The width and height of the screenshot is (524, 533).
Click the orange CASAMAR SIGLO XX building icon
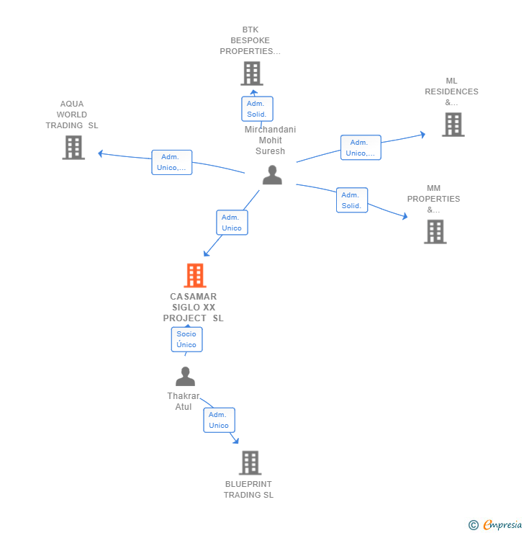[194, 275]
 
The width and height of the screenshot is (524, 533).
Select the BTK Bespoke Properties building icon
[251, 73]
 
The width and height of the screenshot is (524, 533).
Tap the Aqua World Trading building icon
[73, 147]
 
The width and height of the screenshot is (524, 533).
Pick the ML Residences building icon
[452, 125]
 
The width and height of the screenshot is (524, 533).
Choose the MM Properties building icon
[435, 232]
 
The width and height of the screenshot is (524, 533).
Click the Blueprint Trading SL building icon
[250, 462]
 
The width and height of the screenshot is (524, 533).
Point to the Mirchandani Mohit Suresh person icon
[272, 175]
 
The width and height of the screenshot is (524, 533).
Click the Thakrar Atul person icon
[185, 377]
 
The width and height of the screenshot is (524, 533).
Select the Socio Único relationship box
[186, 339]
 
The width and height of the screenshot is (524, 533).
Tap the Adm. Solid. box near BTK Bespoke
[256, 109]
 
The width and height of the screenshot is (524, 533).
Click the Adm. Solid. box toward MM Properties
[351, 200]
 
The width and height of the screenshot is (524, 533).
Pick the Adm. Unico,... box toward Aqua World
[171, 162]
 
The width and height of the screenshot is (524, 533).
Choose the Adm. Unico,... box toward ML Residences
[360, 148]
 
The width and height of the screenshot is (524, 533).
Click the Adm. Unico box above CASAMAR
[232, 223]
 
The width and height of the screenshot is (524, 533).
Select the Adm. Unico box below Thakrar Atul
[219, 420]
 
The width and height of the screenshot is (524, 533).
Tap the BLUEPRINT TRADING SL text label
[248, 489]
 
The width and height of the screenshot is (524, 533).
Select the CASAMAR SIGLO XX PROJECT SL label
[193, 307]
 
